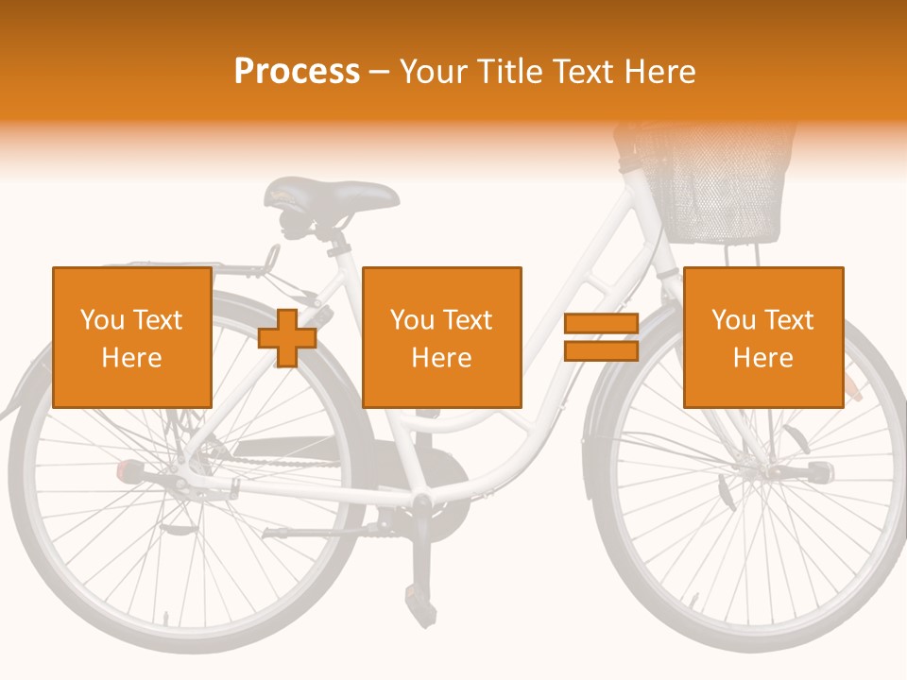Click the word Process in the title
pos(297,72)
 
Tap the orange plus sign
pos(287,338)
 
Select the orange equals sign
pos(601,338)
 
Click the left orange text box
pos(132,337)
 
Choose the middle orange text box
pos(442,337)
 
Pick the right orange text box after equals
pos(763,337)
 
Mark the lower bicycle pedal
pos(417,594)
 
